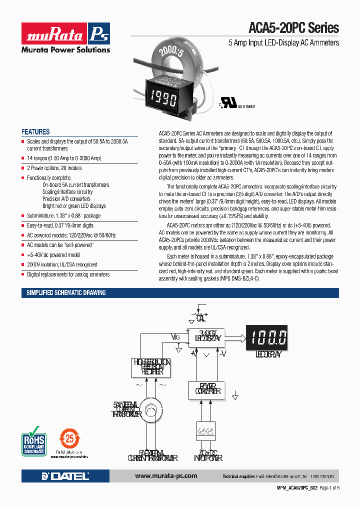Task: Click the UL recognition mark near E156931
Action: coord(228,102)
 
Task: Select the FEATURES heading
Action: coord(35,132)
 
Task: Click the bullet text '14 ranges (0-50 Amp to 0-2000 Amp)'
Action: coord(64,158)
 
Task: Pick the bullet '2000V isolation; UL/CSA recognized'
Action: coord(62,264)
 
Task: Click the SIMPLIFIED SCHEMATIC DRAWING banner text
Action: coord(66,293)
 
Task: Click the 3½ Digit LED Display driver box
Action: coord(207,336)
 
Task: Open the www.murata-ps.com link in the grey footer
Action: coord(166,476)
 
